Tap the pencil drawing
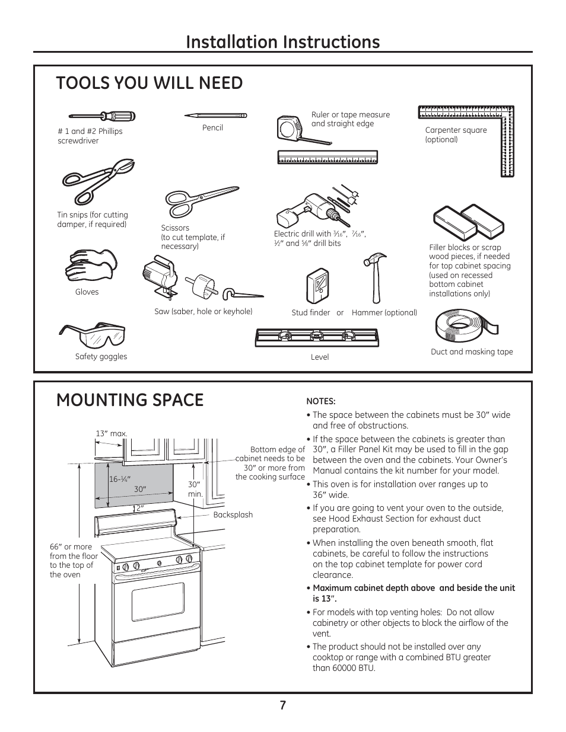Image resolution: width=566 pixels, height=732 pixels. click(215, 115)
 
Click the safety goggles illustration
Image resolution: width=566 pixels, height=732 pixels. click(93, 335)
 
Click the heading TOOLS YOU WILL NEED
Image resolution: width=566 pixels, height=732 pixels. click(150, 83)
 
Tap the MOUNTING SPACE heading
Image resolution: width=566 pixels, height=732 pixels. click(130, 400)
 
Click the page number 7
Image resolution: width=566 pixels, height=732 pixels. click(283, 705)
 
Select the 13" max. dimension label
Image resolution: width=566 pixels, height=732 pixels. click(112, 434)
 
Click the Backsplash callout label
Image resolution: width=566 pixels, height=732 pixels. click(233, 514)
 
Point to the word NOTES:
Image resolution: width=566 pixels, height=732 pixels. click(321, 401)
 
